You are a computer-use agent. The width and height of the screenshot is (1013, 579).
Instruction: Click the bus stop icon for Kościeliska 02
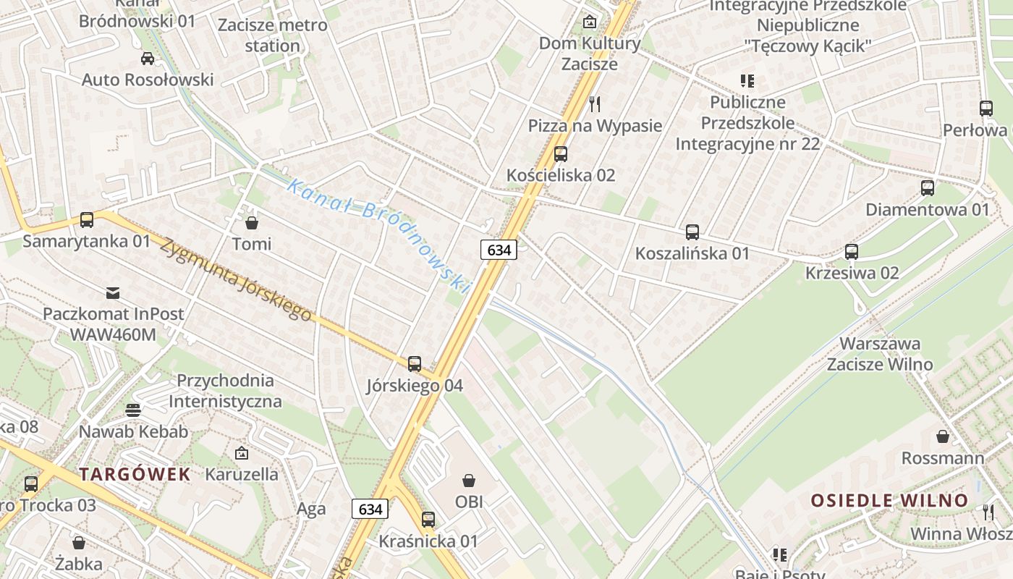(x=561, y=153)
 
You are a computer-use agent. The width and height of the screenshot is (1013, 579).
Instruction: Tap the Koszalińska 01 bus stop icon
(x=692, y=232)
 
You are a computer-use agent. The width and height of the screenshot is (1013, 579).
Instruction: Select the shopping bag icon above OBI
(x=469, y=480)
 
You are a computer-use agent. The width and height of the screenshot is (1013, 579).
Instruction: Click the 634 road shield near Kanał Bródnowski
(x=499, y=250)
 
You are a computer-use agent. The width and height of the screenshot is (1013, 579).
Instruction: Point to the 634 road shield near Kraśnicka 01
(x=370, y=509)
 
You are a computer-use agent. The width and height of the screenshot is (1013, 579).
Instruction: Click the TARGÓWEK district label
(x=135, y=475)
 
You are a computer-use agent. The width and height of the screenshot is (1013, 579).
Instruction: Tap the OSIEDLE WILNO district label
(x=889, y=500)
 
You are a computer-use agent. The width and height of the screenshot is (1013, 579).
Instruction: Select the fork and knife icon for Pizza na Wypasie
(x=595, y=104)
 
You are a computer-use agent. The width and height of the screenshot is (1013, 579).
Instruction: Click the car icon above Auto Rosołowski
(x=148, y=59)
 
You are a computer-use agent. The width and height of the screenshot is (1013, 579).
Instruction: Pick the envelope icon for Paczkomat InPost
(x=113, y=293)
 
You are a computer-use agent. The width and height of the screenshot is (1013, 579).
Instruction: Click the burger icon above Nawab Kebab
(x=133, y=410)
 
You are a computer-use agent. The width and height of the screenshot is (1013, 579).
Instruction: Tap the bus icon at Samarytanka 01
(x=87, y=219)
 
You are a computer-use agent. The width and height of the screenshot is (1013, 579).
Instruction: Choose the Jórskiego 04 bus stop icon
(x=415, y=364)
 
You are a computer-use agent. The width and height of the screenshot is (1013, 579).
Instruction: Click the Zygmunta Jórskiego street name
(x=236, y=279)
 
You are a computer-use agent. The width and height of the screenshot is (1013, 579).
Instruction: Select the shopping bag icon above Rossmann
(x=943, y=436)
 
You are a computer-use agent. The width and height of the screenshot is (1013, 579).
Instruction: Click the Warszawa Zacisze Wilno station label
(x=880, y=353)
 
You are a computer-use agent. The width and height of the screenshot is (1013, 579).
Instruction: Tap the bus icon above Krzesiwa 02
(x=852, y=252)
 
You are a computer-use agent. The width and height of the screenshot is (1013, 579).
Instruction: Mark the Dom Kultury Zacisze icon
(x=590, y=22)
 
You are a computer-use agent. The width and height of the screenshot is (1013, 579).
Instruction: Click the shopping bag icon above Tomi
(x=252, y=222)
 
